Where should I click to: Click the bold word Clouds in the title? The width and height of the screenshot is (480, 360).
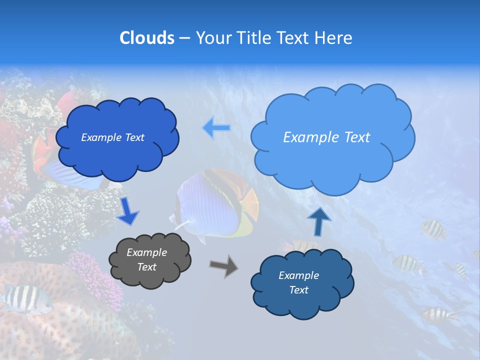click(146, 38)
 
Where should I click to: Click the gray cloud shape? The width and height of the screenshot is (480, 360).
click(150, 260)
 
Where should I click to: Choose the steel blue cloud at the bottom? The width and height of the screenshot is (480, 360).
click(301, 283)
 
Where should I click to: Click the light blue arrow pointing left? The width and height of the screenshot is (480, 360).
click(216, 127)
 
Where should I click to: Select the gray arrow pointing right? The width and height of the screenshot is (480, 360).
click(224, 265)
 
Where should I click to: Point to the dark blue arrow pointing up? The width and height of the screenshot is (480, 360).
click(319, 220)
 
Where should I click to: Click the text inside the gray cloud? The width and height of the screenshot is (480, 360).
click(147, 260)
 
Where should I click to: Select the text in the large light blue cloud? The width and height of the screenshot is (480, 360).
click(326, 137)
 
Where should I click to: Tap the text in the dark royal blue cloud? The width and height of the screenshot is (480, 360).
click(112, 137)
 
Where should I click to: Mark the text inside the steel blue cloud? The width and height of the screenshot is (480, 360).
click(298, 283)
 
